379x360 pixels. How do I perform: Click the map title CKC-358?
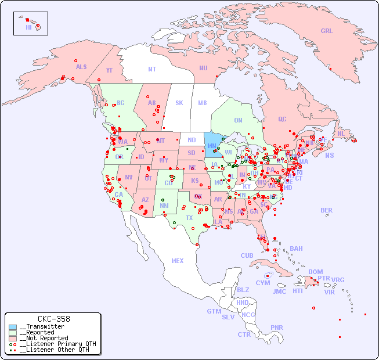pyautogui.click(x=53, y=319)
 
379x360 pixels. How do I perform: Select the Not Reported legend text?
pyautogui.click(x=43, y=338)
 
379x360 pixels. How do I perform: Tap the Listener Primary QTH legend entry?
pyautogui.click(x=57, y=344)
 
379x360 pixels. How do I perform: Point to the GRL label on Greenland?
pyautogui.click(x=327, y=31)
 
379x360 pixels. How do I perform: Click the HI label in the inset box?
pyautogui.click(x=28, y=27)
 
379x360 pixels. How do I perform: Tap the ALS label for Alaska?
pyautogui.click(x=81, y=67)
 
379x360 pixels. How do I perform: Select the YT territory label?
pyautogui.click(x=109, y=70)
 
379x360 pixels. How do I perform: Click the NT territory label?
pyautogui.click(x=152, y=69)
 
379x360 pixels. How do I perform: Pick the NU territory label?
pyautogui.click(x=203, y=68)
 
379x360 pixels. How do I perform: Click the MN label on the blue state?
pyautogui.click(x=212, y=146)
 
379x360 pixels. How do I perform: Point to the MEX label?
pyautogui.click(x=178, y=261)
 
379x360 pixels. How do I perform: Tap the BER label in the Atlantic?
pyautogui.click(x=326, y=210)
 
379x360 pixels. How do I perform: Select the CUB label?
pyautogui.click(x=247, y=255)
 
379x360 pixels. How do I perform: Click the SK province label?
pyautogui.click(x=179, y=103)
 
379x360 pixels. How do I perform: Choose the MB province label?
pyautogui.click(x=202, y=103)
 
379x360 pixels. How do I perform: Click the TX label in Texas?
pyautogui.click(x=189, y=218)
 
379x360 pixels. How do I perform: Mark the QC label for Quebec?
pyautogui.click(x=282, y=119)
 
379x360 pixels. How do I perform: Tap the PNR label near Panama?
pyautogui.click(x=277, y=327)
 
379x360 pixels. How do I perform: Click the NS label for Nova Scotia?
pyautogui.click(x=330, y=155)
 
